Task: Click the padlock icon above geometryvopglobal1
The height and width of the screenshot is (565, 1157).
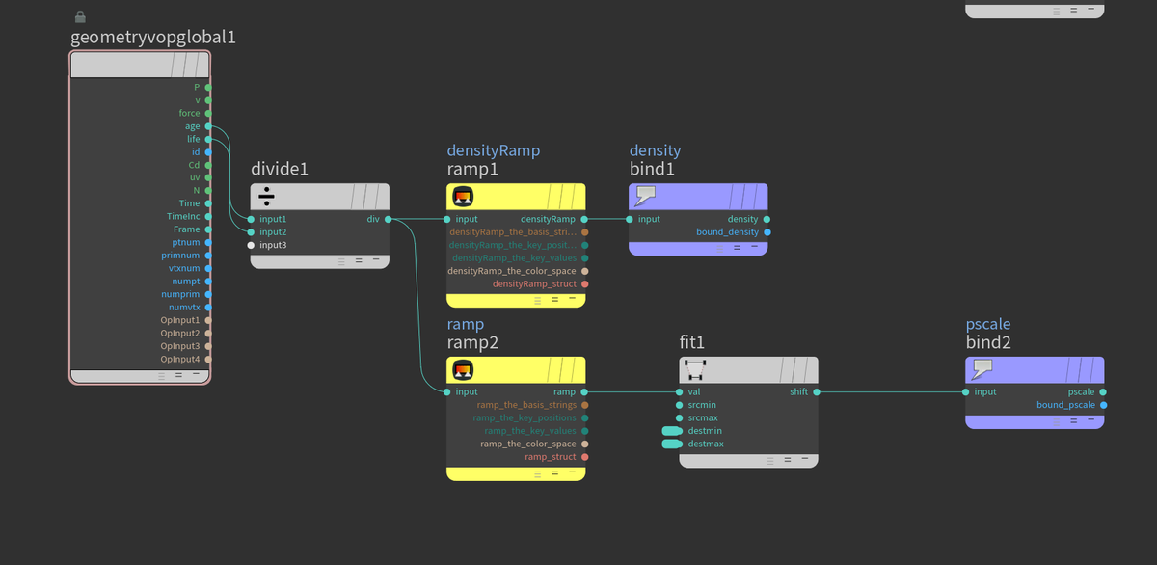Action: [x=80, y=17]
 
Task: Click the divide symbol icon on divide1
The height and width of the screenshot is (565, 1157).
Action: [x=266, y=197]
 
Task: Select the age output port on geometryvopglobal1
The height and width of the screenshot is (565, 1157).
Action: [x=208, y=126]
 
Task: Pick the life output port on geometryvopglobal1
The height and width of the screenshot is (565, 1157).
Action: [x=208, y=139]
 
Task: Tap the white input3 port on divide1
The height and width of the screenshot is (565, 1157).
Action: [x=251, y=245]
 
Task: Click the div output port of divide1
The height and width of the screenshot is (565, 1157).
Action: [x=388, y=219]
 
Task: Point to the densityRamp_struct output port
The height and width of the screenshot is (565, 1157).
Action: [x=584, y=284]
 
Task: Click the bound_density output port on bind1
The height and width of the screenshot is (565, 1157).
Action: [x=767, y=232]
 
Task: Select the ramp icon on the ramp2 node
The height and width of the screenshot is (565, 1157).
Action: [x=463, y=370]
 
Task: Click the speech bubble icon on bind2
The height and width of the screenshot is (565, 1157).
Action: [x=982, y=368]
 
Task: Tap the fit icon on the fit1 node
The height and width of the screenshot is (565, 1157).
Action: [x=695, y=370]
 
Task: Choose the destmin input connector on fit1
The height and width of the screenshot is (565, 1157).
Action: [x=672, y=431]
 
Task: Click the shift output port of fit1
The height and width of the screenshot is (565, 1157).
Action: [x=817, y=392]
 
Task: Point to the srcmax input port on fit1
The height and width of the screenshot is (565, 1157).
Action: [x=679, y=417]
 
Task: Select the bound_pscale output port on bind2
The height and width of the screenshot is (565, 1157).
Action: [x=1103, y=405]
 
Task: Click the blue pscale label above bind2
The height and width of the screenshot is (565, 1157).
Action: [x=988, y=324]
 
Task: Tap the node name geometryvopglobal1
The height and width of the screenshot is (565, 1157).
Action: [x=153, y=38]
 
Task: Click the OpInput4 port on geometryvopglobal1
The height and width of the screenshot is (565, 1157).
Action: [x=208, y=359]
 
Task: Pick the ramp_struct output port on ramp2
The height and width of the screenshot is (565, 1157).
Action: [x=584, y=457]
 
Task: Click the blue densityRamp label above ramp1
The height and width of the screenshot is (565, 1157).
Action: [x=494, y=150]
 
